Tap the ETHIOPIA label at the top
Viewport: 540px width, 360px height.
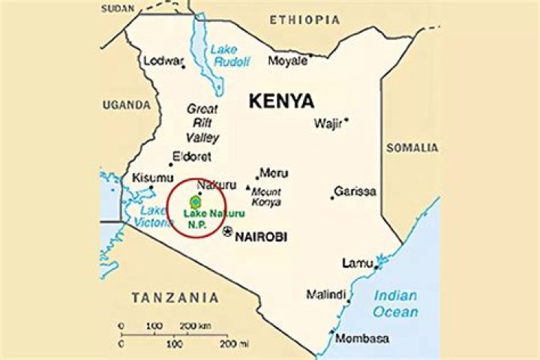pyautogui.click(x=305, y=19)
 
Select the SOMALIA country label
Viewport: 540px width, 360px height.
pyautogui.click(x=412, y=148)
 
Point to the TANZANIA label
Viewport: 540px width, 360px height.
pyautogui.click(x=175, y=298)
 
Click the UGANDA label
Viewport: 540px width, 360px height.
pyautogui.click(x=127, y=105)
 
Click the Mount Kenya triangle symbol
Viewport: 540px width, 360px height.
pyautogui.click(x=248, y=187)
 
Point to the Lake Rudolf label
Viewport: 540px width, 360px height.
pyautogui.click(x=223, y=55)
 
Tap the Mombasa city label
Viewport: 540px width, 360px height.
pyautogui.click(x=362, y=339)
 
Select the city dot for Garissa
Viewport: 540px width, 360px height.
pyautogui.click(x=332, y=198)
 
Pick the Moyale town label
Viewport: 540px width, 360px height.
pyautogui.click(x=288, y=60)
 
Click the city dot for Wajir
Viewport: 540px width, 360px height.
pyautogui.click(x=346, y=119)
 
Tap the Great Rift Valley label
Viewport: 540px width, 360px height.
pyautogui.click(x=202, y=123)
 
